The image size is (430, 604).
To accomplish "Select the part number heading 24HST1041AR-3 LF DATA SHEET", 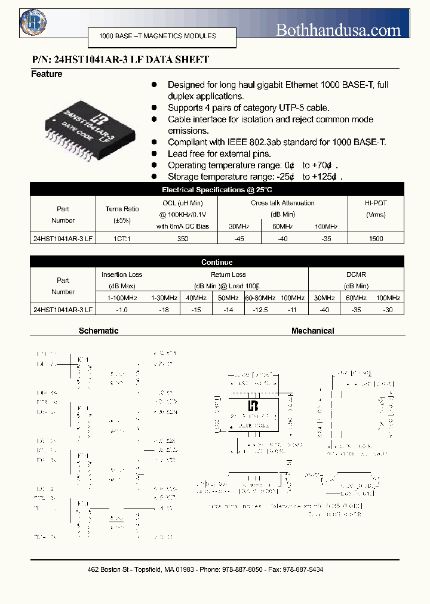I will tap(120, 60).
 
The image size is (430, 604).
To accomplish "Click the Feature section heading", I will tap(47, 74).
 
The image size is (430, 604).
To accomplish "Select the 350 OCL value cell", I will tap(183, 239).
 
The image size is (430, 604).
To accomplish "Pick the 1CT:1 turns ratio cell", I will tap(122, 239).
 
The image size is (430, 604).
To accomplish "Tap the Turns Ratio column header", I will tap(122, 209).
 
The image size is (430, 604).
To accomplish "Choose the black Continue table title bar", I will tap(217, 262).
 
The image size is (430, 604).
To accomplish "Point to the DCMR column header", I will tap(356, 275).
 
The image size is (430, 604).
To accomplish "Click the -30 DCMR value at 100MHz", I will tap(388, 310).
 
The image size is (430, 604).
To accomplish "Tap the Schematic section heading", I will tap(99, 331).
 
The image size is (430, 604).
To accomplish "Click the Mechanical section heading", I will tap(312, 331).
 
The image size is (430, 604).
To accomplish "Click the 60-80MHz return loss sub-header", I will tap(260, 298).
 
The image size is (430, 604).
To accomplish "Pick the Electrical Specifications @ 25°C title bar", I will tap(217, 190).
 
